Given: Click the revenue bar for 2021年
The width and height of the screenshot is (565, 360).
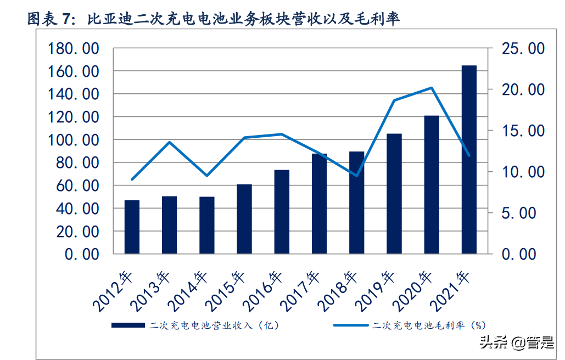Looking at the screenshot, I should click(469, 159).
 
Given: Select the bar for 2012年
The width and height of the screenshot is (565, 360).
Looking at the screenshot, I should click(132, 227).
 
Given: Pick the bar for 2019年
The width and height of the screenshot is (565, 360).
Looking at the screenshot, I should click(394, 193).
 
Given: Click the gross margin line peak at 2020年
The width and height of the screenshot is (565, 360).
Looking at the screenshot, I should click(432, 88).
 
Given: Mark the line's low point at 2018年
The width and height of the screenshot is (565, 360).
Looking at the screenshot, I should click(357, 176).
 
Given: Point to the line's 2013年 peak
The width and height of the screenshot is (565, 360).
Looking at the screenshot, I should click(170, 143).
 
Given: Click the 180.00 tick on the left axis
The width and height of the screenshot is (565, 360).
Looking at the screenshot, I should click(73, 49).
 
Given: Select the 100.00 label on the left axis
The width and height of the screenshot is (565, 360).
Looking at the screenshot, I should click(73, 140).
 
